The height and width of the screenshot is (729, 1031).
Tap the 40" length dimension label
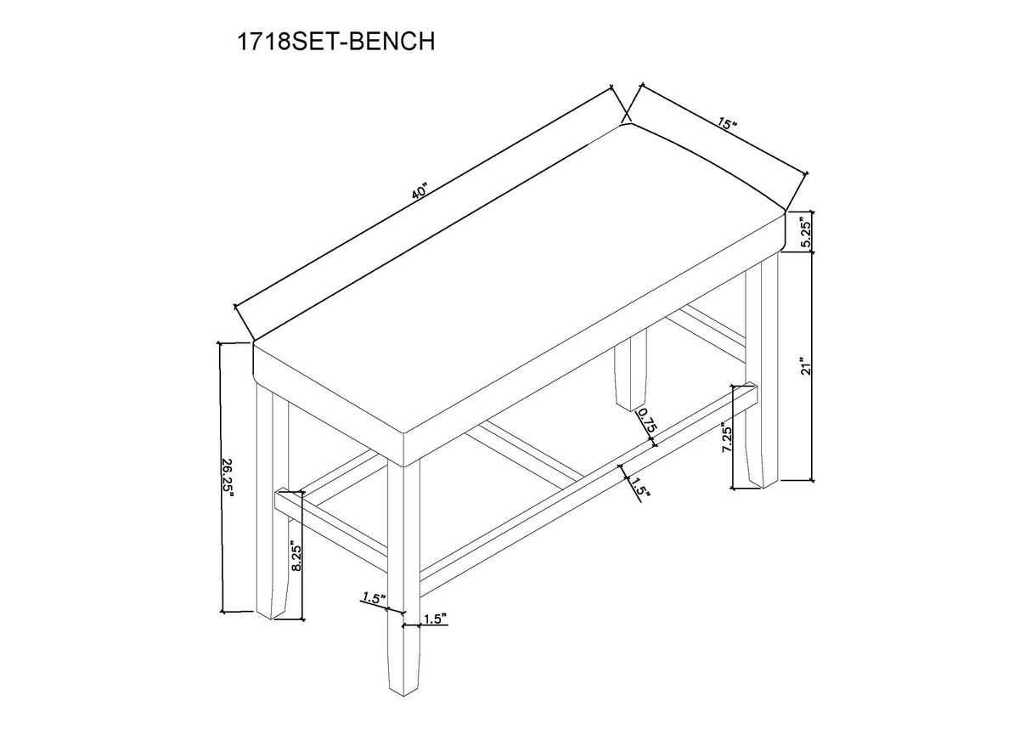tap(419, 193)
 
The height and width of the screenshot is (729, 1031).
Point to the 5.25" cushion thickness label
tap(807, 230)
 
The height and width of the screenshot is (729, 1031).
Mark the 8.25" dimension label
tap(294, 557)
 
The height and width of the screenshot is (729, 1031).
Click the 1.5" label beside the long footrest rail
tap(639, 491)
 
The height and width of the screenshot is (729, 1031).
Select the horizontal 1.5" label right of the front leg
tap(433, 620)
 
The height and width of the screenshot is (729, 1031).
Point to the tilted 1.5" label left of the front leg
tap(370, 598)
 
